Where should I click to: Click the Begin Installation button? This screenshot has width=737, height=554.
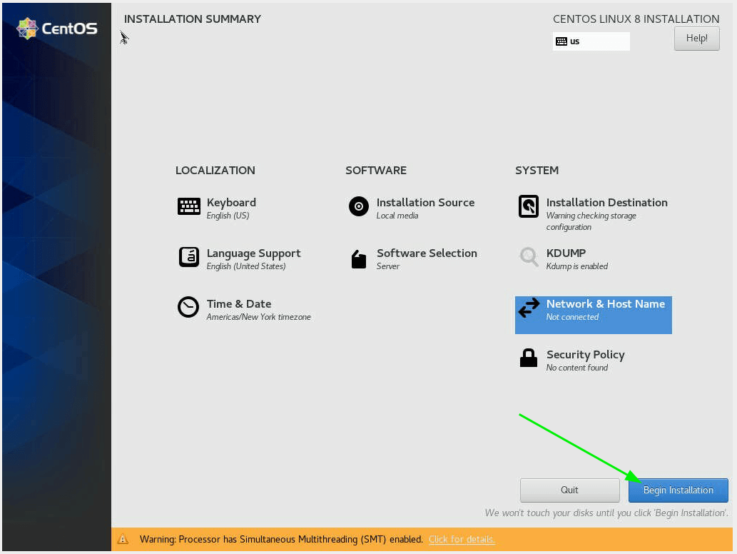pyautogui.click(x=678, y=490)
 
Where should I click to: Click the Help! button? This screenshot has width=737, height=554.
pyautogui.click(x=696, y=38)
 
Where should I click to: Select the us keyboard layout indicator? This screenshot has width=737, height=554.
pyautogui.click(x=591, y=41)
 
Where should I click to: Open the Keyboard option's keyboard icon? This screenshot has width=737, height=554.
pyautogui.click(x=189, y=206)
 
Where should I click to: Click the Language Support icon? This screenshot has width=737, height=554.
pyautogui.click(x=189, y=257)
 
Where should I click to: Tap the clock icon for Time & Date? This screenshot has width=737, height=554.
pyautogui.click(x=188, y=307)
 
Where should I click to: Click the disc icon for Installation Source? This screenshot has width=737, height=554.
pyautogui.click(x=359, y=206)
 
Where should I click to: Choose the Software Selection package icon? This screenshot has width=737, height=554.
pyautogui.click(x=359, y=258)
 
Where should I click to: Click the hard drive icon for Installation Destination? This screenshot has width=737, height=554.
pyautogui.click(x=529, y=206)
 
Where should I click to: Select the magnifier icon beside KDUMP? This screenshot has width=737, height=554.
pyautogui.click(x=529, y=257)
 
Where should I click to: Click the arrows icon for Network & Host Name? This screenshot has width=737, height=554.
pyautogui.click(x=529, y=308)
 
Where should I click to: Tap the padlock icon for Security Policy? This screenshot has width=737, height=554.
pyautogui.click(x=529, y=358)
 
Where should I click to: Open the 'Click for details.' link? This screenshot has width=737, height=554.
pyautogui.click(x=462, y=539)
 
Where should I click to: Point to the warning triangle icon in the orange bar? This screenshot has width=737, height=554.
pyautogui.click(x=123, y=539)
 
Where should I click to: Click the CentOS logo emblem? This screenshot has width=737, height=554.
pyautogui.click(x=27, y=29)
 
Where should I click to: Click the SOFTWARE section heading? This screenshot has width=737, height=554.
pyautogui.click(x=376, y=170)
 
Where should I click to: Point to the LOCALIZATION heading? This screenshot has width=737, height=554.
pyautogui.click(x=215, y=170)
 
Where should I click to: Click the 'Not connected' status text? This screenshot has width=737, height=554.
pyautogui.click(x=572, y=317)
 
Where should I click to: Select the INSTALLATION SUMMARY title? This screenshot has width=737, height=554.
pyautogui.click(x=192, y=19)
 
